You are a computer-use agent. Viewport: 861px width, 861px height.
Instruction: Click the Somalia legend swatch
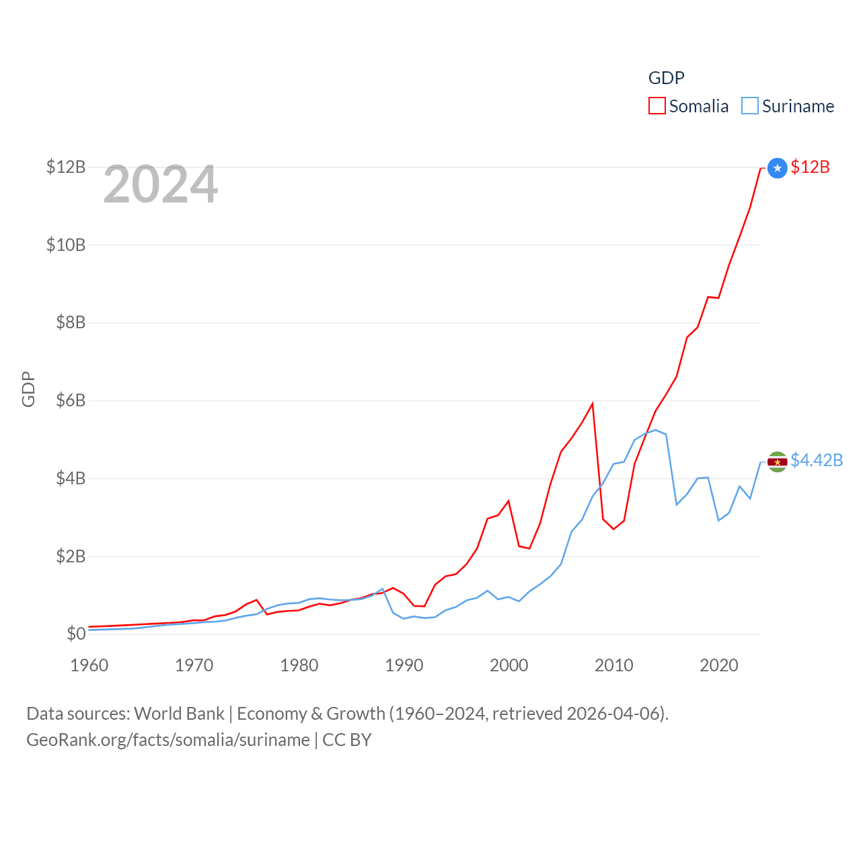click(x=657, y=106)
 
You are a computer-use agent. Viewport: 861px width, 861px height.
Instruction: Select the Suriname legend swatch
click(x=749, y=106)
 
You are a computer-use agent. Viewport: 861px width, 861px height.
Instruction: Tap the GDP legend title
click(x=666, y=78)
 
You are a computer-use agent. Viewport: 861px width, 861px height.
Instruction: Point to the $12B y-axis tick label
click(x=66, y=167)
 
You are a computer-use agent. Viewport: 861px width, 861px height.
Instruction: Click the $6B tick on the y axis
click(x=71, y=401)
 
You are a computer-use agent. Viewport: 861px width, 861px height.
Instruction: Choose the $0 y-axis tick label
click(x=76, y=634)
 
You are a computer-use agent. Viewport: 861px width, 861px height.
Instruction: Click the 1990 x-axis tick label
click(x=404, y=665)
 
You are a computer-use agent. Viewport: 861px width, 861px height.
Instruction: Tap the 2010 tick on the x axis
click(x=613, y=665)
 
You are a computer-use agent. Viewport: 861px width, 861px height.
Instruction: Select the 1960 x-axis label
click(x=89, y=665)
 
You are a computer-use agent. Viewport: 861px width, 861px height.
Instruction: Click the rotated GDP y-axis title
click(x=28, y=389)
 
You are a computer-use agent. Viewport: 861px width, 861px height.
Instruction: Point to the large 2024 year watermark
click(x=160, y=184)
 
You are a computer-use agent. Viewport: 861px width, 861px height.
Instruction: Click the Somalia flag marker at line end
click(x=777, y=167)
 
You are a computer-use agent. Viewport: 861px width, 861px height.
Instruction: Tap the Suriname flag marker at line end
click(x=777, y=461)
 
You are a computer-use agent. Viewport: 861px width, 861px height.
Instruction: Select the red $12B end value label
click(x=810, y=167)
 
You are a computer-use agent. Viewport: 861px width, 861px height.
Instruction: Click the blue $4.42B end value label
click(x=817, y=460)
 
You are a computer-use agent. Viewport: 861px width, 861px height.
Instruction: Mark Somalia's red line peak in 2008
click(x=592, y=404)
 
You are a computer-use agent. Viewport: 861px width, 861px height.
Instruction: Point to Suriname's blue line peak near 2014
click(x=655, y=430)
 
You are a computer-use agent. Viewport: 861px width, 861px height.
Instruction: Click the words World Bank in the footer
click(x=179, y=714)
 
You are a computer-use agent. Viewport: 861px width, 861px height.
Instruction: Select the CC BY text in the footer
click(x=347, y=740)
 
